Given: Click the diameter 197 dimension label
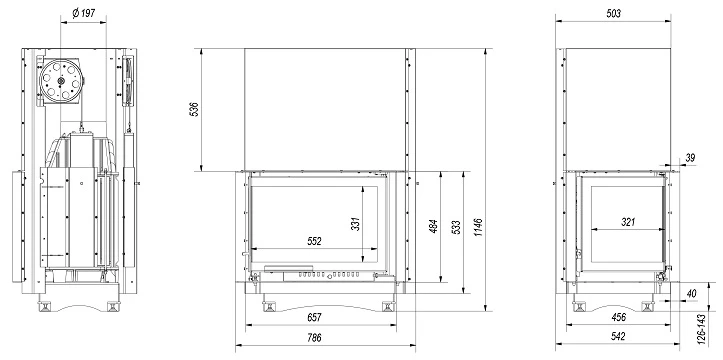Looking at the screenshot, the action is [x=83, y=12].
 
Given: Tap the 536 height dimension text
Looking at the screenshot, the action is [x=194, y=109].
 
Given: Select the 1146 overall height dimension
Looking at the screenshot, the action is [x=478, y=228].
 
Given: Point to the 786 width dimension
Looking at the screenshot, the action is [x=314, y=338].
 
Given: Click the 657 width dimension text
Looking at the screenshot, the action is [x=314, y=317].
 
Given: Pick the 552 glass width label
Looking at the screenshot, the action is [x=314, y=241].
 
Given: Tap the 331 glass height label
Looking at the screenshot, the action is [x=355, y=224].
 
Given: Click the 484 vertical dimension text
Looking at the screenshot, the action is [x=434, y=226].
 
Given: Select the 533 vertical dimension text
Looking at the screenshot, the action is [x=456, y=228].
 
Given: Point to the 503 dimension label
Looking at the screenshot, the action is [x=613, y=13].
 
